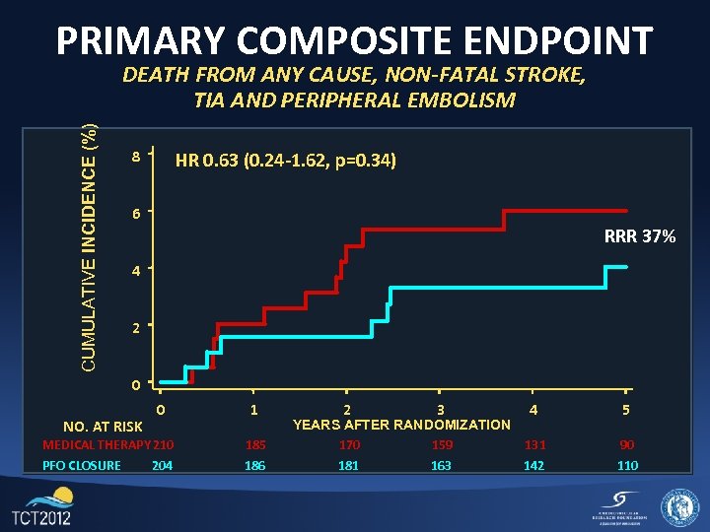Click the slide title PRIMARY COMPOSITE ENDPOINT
point(354,40)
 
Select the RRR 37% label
point(640,236)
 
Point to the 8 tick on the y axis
point(136,157)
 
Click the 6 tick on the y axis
point(136,214)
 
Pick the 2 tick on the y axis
point(136,327)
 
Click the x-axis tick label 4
point(533,409)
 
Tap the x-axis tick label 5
point(626,409)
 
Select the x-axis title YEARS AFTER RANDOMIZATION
point(401,425)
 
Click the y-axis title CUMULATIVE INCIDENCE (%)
point(89,246)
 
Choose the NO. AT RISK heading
point(103,427)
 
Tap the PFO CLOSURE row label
point(82,465)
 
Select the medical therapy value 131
point(533,445)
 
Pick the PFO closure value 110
point(626,465)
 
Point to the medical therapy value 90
point(626,445)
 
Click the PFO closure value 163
point(441,465)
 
